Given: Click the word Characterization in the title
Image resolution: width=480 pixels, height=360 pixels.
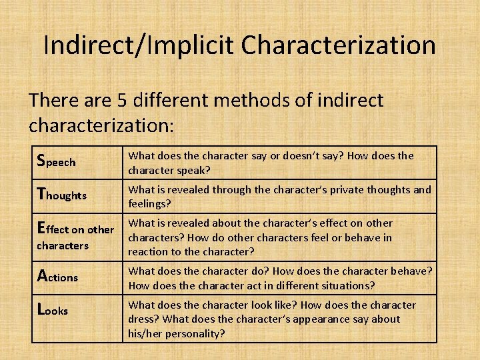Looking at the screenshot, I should (x=339, y=45).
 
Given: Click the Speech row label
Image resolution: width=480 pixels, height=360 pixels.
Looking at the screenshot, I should (x=57, y=161).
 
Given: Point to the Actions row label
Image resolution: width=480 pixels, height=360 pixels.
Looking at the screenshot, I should (x=58, y=276).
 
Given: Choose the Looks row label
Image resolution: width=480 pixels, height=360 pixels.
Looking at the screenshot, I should (x=53, y=310).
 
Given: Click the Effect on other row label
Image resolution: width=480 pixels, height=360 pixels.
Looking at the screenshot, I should (x=75, y=229).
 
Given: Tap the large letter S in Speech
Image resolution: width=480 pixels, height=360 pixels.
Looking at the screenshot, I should (x=41, y=161).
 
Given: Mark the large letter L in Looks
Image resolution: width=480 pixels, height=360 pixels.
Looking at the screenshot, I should (x=41, y=309).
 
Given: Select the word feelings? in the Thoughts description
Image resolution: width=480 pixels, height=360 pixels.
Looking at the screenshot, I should (x=150, y=203).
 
